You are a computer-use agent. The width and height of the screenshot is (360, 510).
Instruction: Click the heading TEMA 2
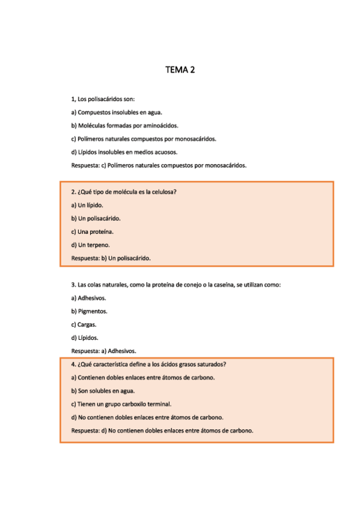click(180, 70)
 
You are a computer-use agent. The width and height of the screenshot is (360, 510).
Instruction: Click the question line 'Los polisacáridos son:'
click(106, 99)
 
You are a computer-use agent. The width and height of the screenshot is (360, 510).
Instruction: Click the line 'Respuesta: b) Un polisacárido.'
click(111, 258)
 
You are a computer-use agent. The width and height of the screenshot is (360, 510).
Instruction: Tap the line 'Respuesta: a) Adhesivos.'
click(103, 351)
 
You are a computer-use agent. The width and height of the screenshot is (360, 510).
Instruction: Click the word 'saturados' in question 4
click(211, 364)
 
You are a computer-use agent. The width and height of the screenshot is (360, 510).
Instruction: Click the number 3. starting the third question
click(73, 284)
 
